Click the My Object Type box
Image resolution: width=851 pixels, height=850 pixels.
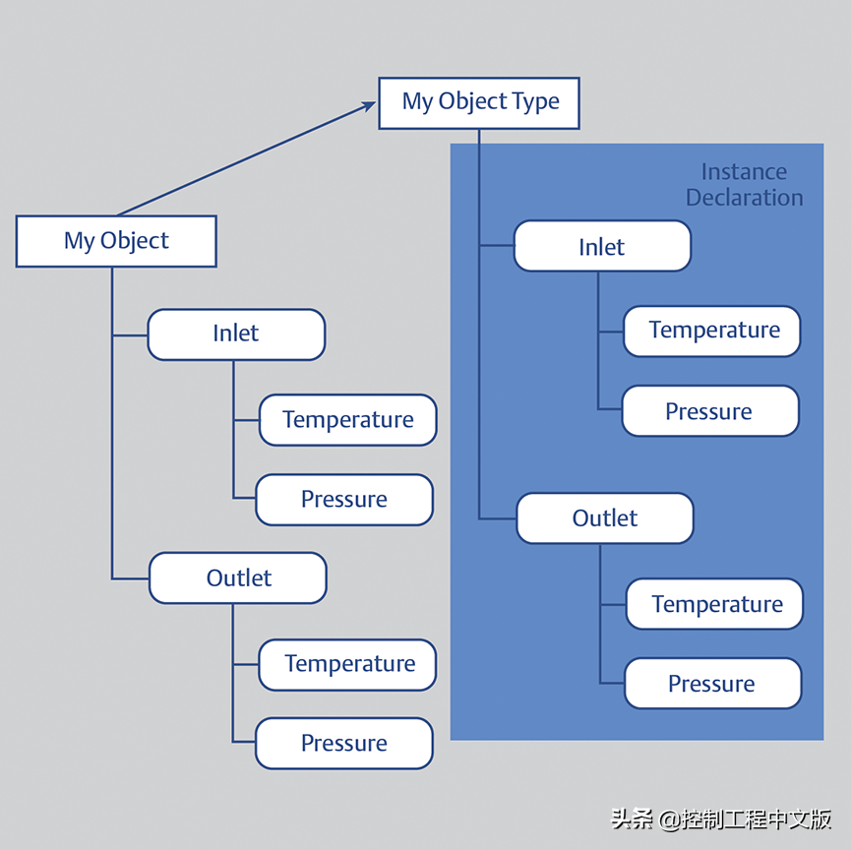(479, 102)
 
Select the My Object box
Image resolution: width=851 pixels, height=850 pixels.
(116, 241)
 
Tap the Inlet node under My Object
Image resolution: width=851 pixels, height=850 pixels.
(236, 334)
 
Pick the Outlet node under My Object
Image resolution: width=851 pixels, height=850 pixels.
(238, 577)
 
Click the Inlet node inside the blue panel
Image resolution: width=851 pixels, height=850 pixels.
(602, 246)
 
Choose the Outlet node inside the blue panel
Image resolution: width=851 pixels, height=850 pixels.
(605, 518)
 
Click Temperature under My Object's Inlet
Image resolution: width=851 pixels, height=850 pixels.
(347, 420)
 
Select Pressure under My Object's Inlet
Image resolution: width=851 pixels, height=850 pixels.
(344, 500)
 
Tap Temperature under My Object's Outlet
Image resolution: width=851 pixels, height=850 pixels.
(348, 664)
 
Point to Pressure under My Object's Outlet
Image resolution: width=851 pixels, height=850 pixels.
(344, 744)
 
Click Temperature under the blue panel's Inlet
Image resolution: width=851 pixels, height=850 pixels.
(712, 331)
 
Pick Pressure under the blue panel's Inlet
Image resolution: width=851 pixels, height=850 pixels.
(709, 411)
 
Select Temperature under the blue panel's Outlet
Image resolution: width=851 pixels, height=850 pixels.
(715, 604)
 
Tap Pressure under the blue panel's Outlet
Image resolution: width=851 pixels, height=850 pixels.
(712, 684)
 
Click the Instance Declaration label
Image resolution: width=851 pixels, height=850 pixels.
(744, 185)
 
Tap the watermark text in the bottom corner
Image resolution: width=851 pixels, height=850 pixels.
(721, 819)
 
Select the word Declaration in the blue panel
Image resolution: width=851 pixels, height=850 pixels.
(744, 198)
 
